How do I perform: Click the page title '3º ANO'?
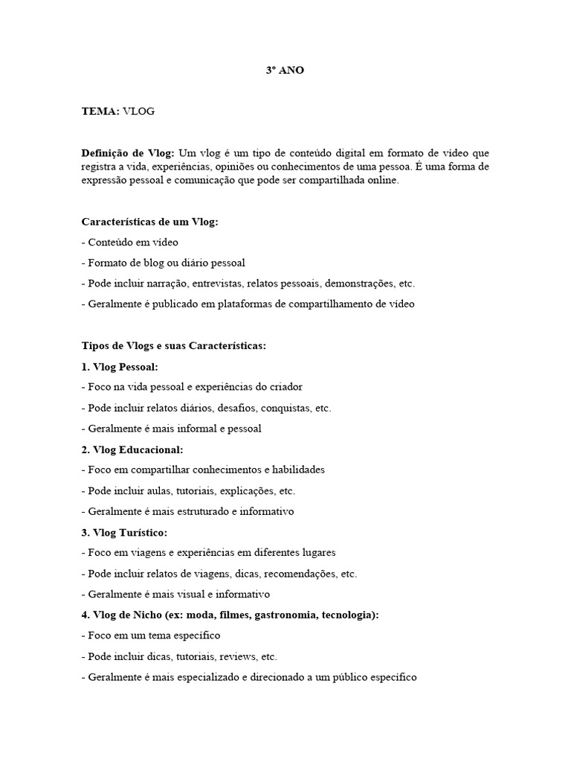point(285,71)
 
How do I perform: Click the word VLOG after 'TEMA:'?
point(138,112)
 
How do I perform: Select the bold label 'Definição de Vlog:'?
point(128,153)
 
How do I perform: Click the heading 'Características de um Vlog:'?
point(149,222)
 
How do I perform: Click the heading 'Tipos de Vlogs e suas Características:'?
point(173,346)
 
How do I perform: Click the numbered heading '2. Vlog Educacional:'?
point(132,449)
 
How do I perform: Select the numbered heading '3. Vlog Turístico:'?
point(124,532)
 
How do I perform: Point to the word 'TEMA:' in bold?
point(100,112)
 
